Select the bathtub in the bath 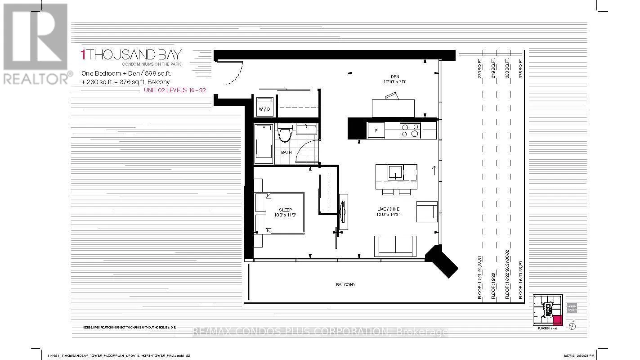(x=263, y=144)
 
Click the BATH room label (x=286, y=152)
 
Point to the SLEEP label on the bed (x=285, y=210)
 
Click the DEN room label (x=388, y=76)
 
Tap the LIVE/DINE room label (x=388, y=209)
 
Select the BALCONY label (x=346, y=284)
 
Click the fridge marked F (x=376, y=130)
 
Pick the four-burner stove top (x=410, y=130)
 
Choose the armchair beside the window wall (x=426, y=211)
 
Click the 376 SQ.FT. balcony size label (x=521, y=68)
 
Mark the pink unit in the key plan (x=557, y=320)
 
